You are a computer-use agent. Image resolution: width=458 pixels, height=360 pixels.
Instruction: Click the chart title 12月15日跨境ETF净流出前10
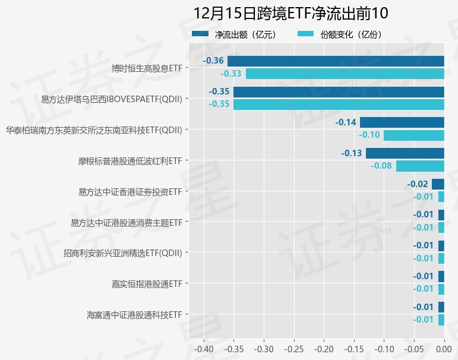(x=290, y=14)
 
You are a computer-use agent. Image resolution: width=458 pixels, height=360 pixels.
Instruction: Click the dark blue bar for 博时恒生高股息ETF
(x=336, y=61)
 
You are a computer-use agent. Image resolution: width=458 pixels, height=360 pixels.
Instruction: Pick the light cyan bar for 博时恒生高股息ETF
(x=345, y=74)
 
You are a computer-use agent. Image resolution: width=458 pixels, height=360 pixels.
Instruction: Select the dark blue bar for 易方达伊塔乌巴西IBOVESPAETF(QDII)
(x=339, y=92)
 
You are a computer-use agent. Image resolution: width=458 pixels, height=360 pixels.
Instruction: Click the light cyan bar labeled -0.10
(x=414, y=135)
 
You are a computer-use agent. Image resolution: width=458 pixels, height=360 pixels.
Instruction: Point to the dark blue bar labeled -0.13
(x=405, y=153)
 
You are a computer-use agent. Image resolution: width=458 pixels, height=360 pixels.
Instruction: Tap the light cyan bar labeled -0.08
(x=420, y=166)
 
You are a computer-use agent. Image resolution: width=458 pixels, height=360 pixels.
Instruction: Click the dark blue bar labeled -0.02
(x=438, y=184)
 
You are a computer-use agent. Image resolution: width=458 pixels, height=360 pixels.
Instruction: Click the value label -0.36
(x=213, y=61)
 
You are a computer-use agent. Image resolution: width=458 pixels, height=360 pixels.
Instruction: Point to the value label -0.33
(x=231, y=74)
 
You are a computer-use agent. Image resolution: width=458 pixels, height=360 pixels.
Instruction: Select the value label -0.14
(x=346, y=122)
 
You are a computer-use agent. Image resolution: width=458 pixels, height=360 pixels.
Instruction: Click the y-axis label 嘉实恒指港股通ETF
(x=146, y=283)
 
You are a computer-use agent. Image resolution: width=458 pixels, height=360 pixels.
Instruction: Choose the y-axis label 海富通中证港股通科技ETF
(x=134, y=314)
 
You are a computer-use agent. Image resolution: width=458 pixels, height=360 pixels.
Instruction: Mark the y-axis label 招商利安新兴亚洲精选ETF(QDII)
(x=122, y=252)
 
